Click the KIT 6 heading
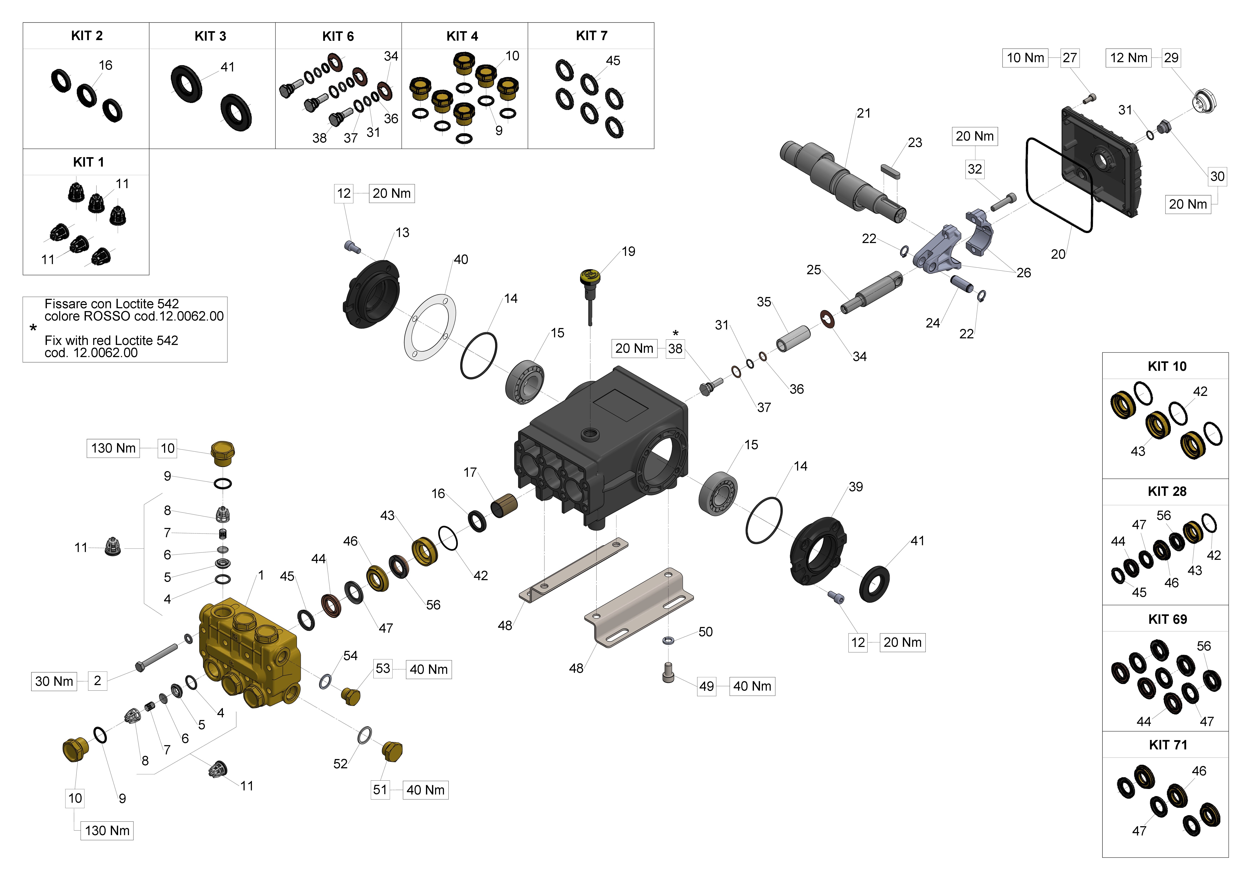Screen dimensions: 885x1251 click(x=338, y=37)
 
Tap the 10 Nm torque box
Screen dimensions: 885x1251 click(x=1025, y=58)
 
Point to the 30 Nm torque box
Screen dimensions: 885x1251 click(x=54, y=681)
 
